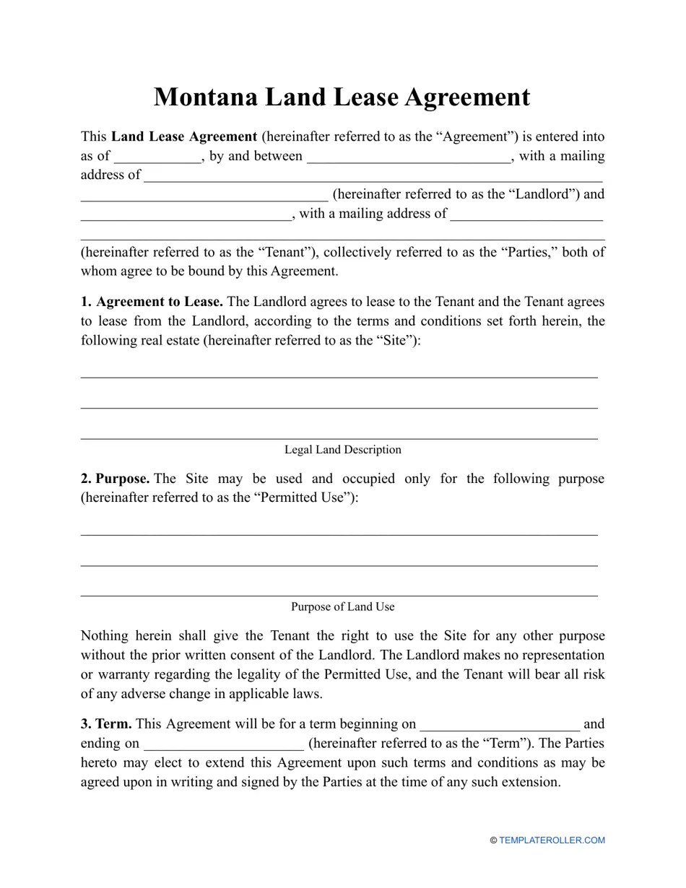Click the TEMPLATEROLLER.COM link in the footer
coord(552,840)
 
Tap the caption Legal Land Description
coord(342,450)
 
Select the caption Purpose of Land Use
coord(342,606)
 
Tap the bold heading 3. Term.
coord(106,724)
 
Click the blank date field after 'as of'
coord(157,157)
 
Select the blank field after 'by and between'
coord(409,157)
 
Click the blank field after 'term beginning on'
coord(499,724)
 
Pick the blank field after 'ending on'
coord(224,744)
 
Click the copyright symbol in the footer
coord(493,840)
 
